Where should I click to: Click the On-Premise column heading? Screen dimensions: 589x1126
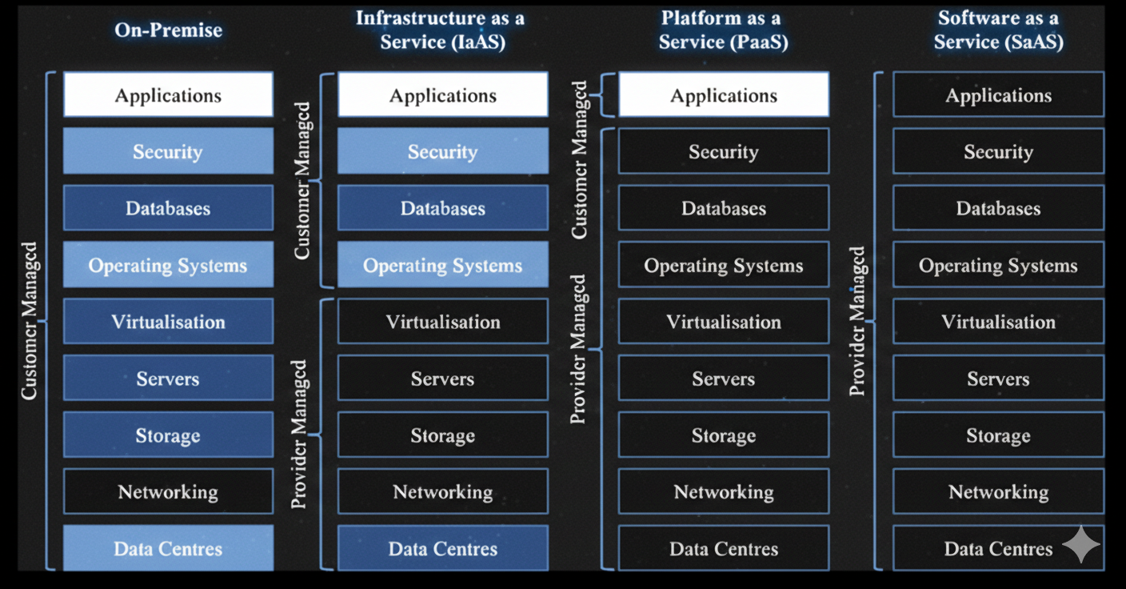[168, 30]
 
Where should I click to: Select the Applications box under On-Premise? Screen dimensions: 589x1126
[168, 95]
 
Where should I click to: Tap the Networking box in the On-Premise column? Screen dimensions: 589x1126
[168, 491]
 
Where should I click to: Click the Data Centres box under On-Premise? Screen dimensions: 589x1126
[168, 549]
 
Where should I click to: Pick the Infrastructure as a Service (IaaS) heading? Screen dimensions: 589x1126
[442, 30]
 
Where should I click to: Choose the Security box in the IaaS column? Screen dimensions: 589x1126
[442, 152]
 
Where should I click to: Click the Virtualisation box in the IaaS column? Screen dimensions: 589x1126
[442, 322]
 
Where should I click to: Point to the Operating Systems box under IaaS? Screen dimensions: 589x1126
[442, 266]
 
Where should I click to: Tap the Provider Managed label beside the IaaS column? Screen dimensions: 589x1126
[299, 435]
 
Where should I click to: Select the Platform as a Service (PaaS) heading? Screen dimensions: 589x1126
[723, 30]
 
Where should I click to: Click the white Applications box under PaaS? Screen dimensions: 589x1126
[723, 95]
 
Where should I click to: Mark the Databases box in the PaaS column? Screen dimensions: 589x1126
[723, 209]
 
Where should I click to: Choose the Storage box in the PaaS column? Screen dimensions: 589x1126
[723, 436]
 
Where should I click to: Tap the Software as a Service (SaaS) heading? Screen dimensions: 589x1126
[998, 30]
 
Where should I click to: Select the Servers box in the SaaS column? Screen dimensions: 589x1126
[998, 379]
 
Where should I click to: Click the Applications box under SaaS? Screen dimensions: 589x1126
[998, 95]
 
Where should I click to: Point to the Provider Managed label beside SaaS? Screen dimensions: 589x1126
[857, 321]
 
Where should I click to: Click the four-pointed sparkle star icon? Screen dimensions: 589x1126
[1081, 544]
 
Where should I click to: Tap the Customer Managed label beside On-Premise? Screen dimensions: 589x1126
[30, 320]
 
